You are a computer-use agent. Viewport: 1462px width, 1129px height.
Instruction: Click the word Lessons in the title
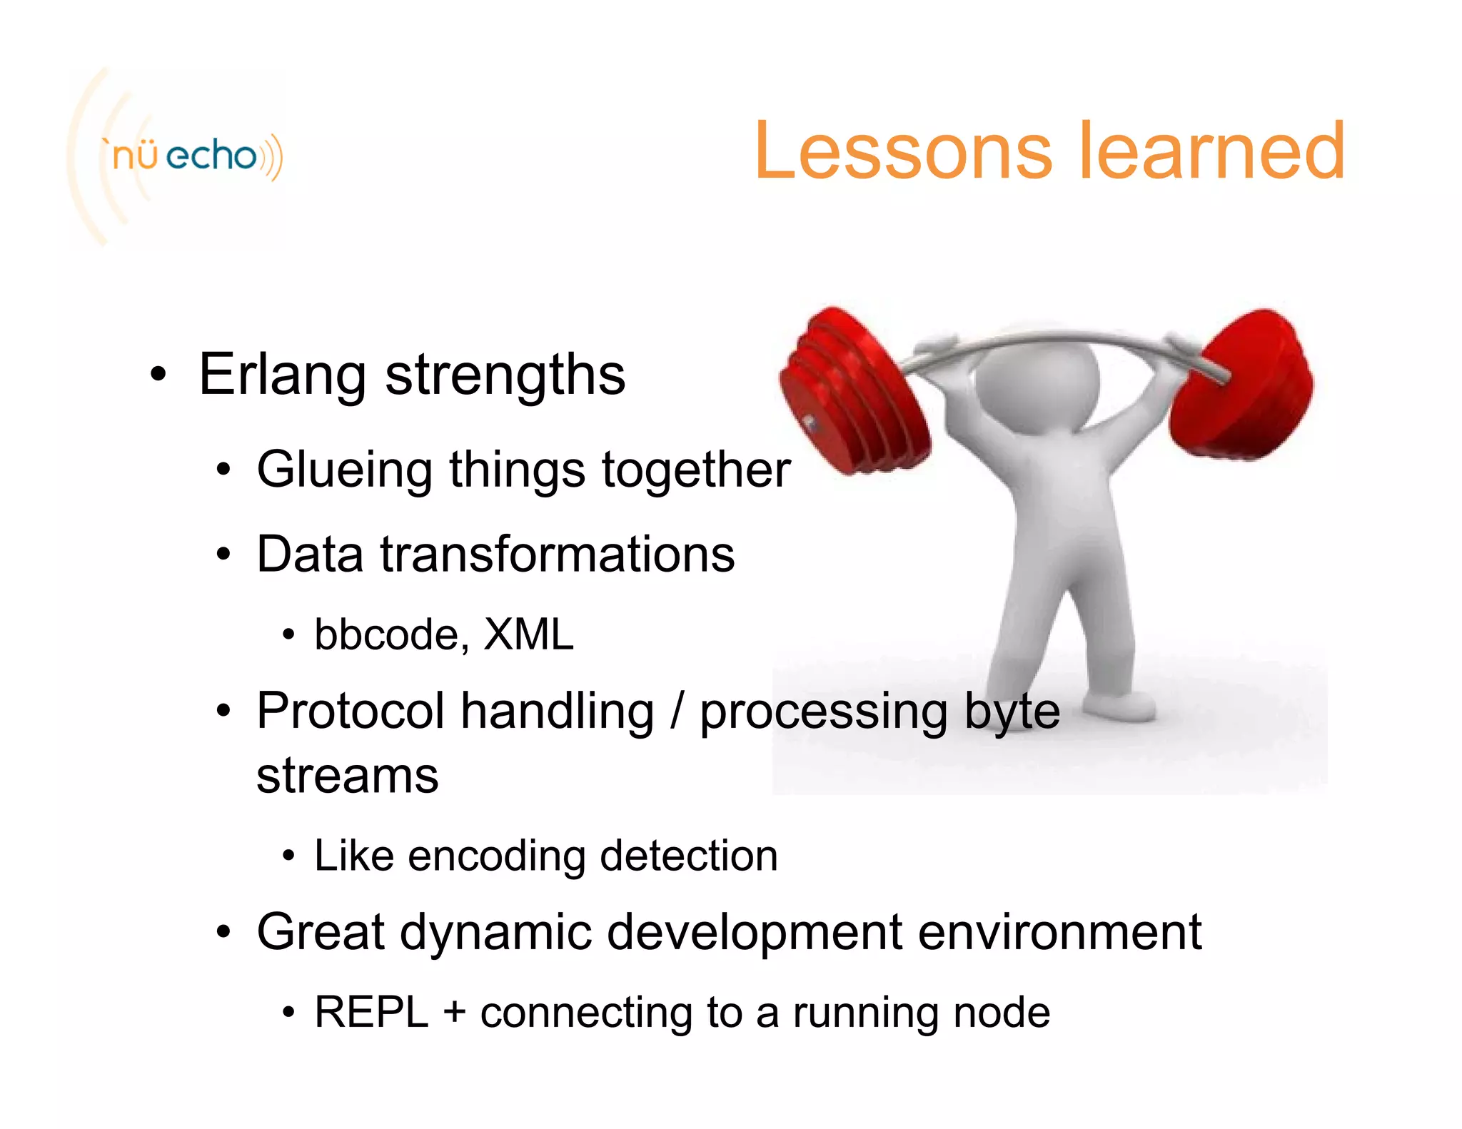click(902, 151)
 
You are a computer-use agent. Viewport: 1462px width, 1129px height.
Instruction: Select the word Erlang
click(282, 375)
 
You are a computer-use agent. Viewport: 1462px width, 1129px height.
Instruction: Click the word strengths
click(505, 375)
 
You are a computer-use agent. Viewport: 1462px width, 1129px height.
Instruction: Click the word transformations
click(557, 555)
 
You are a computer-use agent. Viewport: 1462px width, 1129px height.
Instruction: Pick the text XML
click(528, 634)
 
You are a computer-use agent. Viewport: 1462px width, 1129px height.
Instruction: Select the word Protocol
click(350, 712)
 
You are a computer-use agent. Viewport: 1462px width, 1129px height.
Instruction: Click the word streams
click(347, 776)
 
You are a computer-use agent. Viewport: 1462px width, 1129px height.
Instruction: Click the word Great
click(321, 932)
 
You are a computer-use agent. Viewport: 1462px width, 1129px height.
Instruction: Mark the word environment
click(1059, 932)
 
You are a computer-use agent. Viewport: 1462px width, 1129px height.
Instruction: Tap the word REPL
click(371, 1012)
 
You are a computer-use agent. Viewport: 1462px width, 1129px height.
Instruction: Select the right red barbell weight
click(1246, 385)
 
